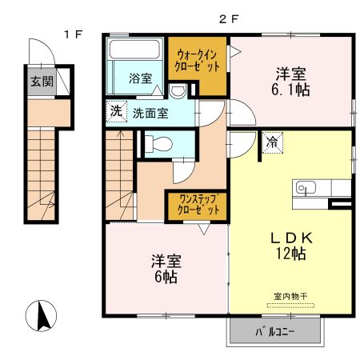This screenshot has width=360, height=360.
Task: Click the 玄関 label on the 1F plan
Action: (42, 81)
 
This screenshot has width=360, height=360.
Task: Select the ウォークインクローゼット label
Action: (197, 62)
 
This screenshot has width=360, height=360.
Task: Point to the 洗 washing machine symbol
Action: (117, 113)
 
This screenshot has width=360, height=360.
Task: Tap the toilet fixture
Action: (158, 144)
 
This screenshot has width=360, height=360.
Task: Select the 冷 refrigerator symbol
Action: (273, 144)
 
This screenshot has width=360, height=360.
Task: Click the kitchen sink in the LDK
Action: (306, 188)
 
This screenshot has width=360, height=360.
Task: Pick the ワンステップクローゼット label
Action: (196, 206)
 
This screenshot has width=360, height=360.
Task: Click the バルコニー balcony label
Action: (276, 330)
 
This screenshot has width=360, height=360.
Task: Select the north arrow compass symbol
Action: (45, 316)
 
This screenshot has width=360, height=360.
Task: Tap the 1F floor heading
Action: (74, 34)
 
